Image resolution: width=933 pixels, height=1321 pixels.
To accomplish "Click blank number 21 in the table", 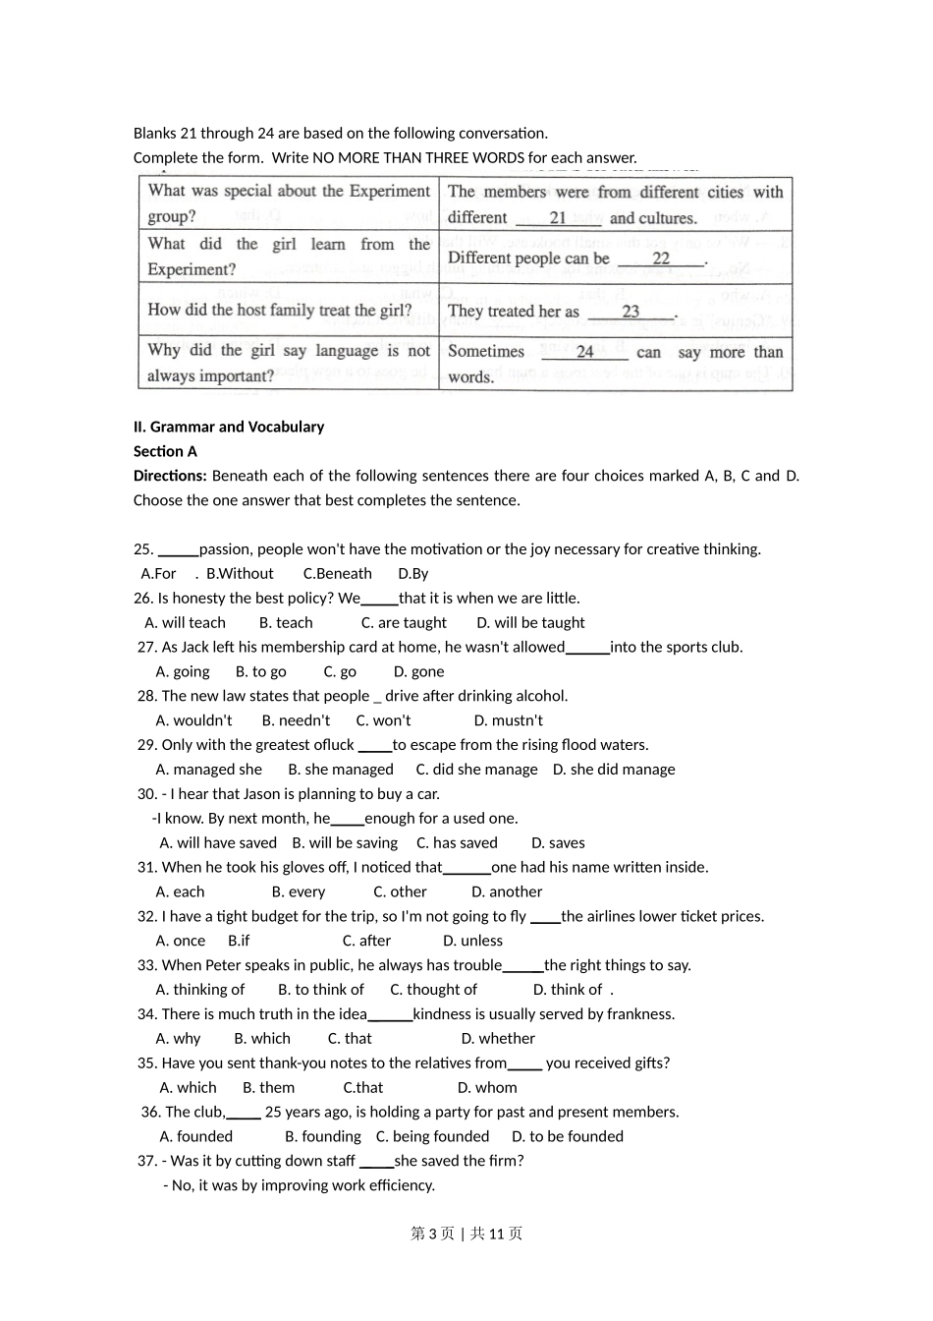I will (558, 218).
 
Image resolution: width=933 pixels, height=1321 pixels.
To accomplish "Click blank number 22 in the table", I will (661, 258).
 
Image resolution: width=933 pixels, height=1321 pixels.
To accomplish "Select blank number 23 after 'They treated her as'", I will (631, 312).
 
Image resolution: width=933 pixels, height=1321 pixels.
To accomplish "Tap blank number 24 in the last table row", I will (584, 352).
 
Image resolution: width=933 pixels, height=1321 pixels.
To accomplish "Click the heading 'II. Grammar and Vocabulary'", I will (229, 427).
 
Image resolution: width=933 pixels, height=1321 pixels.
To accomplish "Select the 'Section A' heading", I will (165, 451).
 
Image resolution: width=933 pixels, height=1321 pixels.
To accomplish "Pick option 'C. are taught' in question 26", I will (404, 623).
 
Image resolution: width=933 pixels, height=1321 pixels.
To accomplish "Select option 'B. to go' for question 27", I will (261, 672).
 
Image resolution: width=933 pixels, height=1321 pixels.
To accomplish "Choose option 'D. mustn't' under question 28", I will (508, 720).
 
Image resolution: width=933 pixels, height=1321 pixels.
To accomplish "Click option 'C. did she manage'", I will (476, 770).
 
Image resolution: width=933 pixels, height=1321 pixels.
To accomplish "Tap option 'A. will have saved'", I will (218, 843).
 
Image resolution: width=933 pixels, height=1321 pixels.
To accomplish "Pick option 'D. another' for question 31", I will (507, 892).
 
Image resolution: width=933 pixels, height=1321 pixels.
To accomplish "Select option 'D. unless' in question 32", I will (472, 941).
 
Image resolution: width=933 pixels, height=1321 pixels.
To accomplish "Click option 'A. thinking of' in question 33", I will (200, 990).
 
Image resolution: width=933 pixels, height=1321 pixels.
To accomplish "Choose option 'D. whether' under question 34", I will (498, 1039).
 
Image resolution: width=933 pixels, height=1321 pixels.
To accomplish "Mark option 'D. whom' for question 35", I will (487, 1088).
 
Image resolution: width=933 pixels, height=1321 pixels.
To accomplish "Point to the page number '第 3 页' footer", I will (432, 1234).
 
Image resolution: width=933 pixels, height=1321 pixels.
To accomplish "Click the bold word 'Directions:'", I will (170, 476).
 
